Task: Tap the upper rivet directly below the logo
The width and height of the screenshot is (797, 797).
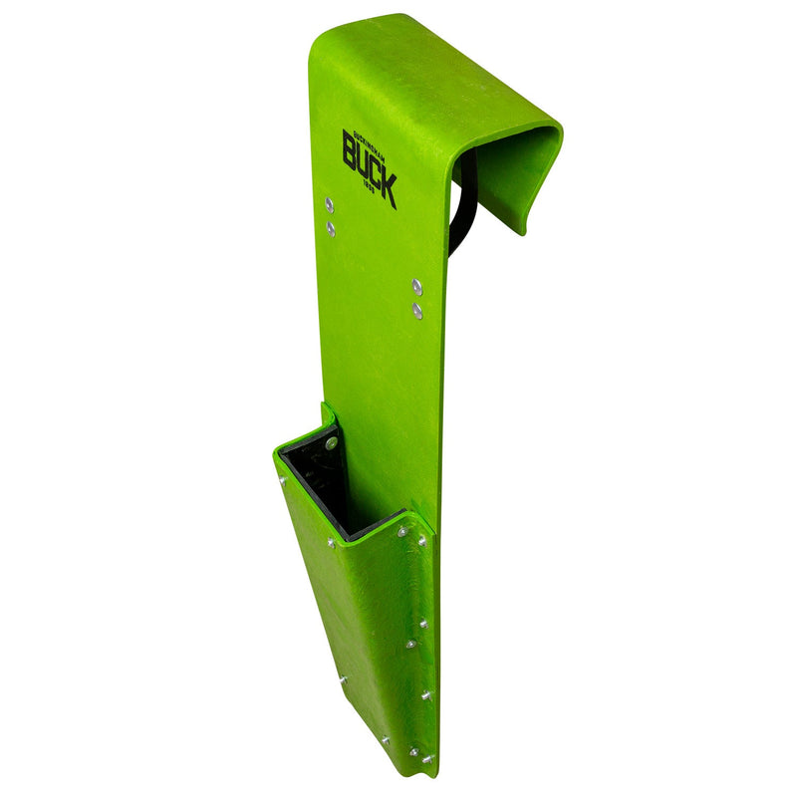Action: [x=329, y=206]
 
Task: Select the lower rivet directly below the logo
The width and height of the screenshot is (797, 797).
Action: [x=331, y=229]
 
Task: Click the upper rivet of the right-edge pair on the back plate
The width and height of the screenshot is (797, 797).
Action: [x=416, y=287]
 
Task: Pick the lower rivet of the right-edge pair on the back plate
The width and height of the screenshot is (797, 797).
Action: [x=417, y=311]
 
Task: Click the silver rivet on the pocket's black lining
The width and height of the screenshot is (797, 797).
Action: [x=331, y=443]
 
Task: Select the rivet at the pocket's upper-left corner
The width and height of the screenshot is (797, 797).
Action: [x=282, y=479]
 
